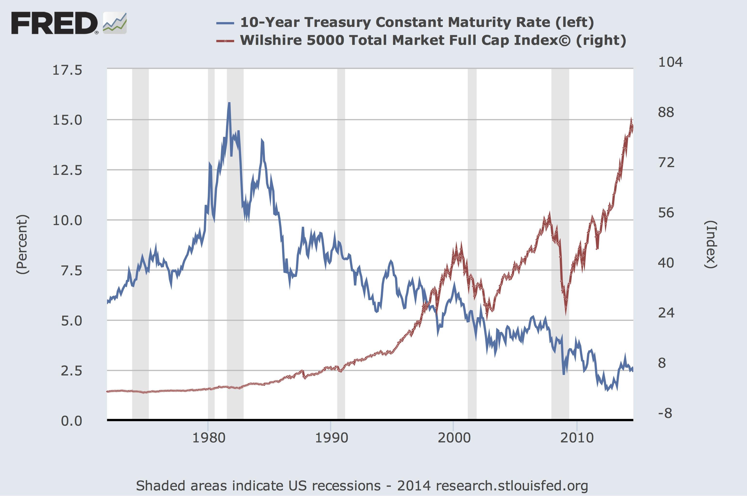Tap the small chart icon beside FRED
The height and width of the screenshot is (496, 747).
[x=115, y=23]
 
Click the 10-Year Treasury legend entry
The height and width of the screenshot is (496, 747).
[x=416, y=22]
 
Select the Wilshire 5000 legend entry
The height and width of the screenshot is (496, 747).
[x=433, y=41]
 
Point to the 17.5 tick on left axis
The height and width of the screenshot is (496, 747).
[x=67, y=70]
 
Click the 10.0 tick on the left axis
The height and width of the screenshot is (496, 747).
[x=67, y=220]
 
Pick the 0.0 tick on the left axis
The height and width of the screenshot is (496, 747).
[x=72, y=421]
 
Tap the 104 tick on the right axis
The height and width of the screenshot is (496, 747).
[x=670, y=62]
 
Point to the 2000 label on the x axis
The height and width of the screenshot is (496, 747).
[x=454, y=438]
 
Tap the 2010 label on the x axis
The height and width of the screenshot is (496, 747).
[x=577, y=438]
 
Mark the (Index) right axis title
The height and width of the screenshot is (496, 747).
[x=710, y=244]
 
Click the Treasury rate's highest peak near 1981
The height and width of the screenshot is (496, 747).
[x=229, y=103]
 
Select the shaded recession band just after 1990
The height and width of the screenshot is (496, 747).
[x=341, y=244]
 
